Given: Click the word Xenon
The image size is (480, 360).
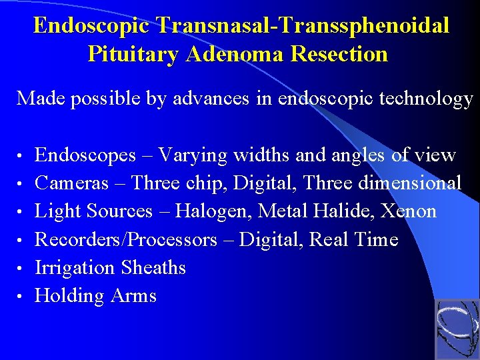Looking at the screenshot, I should coord(409,211).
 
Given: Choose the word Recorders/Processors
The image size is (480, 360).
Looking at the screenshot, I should coord(126,239).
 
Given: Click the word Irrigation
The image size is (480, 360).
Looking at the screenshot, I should coord(75,267).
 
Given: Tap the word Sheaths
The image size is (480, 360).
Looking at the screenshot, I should coord(153,267).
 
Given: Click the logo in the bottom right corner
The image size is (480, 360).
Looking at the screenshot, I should coord(457,329).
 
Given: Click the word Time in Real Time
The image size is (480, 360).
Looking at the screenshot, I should coord(377,239).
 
